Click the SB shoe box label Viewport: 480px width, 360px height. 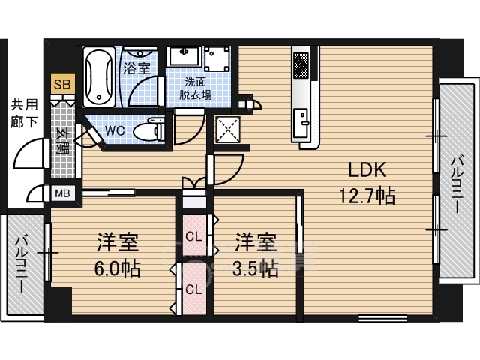62,84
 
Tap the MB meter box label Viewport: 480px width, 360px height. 62,193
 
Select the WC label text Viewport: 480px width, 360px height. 115,130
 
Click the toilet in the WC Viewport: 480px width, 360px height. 149,130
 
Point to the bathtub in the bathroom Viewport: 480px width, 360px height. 99,76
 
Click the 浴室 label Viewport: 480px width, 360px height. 136,68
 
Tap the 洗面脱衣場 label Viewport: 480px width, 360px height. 195,88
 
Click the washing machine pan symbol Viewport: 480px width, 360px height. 217,58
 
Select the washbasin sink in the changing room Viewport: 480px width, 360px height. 184,55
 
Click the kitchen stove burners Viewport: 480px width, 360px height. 301,65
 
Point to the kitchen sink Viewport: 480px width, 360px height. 301,123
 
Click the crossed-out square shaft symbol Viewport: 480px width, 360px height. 228,130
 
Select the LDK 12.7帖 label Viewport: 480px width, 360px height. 367,183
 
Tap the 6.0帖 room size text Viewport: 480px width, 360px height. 117,268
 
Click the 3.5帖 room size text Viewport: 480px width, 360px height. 256,268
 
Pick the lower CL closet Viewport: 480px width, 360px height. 195,289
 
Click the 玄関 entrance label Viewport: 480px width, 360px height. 63,142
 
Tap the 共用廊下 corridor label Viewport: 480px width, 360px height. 25,113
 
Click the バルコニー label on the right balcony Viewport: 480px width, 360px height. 457,184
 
